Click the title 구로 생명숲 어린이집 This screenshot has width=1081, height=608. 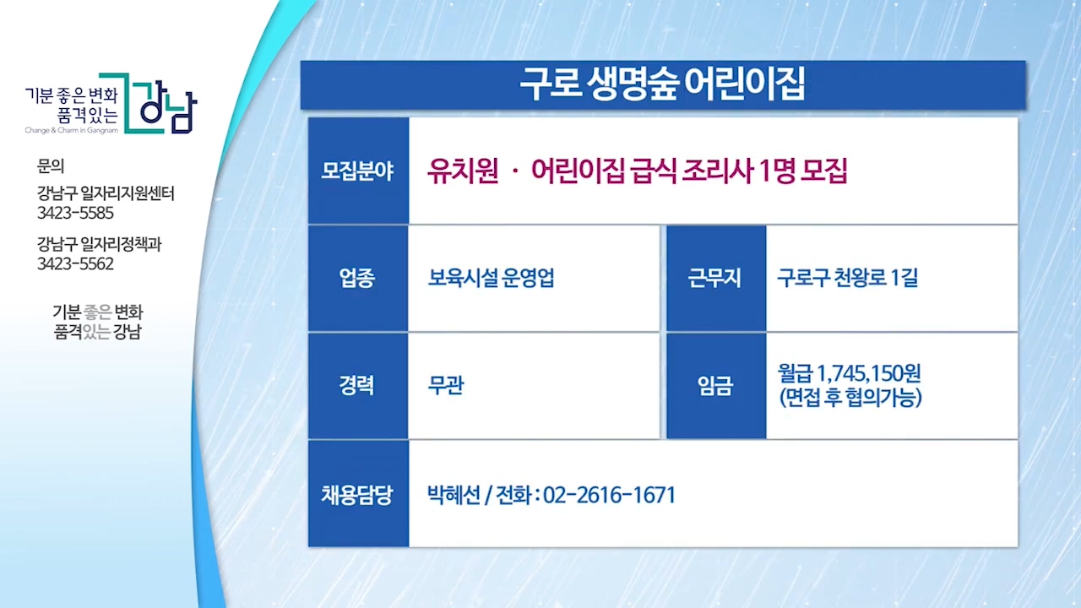pyautogui.click(x=662, y=84)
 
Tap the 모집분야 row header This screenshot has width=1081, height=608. pyautogui.click(x=358, y=171)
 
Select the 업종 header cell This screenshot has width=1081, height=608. pyautogui.click(x=358, y=279)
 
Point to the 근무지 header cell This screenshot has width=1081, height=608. pyautogui.click(x=716, y=279)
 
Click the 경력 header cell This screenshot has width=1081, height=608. pyautogui.click(x=358, y=386)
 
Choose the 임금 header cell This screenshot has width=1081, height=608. pyautogui.click(x=716, y=386)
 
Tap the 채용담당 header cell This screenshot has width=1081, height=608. pyautogui.click(x=358, y=494)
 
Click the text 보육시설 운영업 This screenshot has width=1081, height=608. pyautogui.click(x=492, y=278)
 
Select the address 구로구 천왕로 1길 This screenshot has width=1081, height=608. pyautogui.click(x=847, y=278)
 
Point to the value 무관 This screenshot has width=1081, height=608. pyautogui.click(x=446, y=385)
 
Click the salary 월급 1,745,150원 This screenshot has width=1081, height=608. pyautogui.click(x=849, y=373)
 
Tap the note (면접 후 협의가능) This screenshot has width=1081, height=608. pyautogui.click(x=850, y=398)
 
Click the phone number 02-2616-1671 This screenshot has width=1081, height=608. pyautogui.click(x=609, y=495)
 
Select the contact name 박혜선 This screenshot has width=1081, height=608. pyautogui.click(x=454, y=495)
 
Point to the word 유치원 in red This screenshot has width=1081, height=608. pyautogui.click(x=462, y=171)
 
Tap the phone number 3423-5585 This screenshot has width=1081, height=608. pyautogui.click(x=75, y=213)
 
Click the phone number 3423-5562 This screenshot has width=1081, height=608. pyautogui.click(x=75, y=264)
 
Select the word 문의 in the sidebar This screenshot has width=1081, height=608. pyautogui.click(x=51, y=166)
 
